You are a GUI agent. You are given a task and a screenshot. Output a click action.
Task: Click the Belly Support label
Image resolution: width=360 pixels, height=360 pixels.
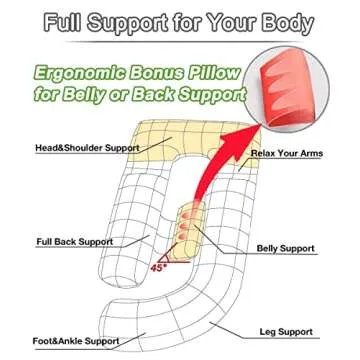pos(285,248)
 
